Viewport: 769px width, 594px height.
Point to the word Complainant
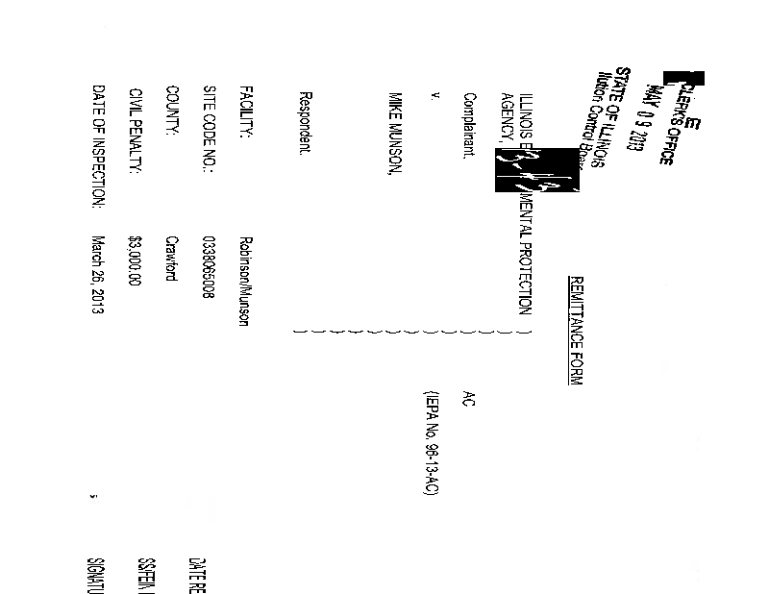point(470,125)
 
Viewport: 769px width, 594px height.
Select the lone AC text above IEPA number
point(468,398)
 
